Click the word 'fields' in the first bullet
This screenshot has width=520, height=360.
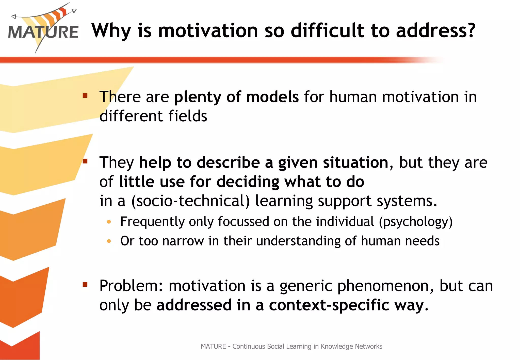pyautogui.click(x=188, y=116)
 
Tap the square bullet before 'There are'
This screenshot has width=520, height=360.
pyautogui.click(x=85, y=96)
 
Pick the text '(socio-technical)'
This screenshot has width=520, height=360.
pyautogui.click(x=190, y=201)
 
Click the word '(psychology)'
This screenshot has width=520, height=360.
pyautogui.click(x=416, y=222)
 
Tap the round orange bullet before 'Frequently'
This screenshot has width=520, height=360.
pyautogui.click(x=109, y=222)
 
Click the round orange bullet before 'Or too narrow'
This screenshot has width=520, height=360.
pyautogui.click(x=109, y=241)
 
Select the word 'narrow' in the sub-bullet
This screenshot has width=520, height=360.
pyautogui.click(x=183, y=241)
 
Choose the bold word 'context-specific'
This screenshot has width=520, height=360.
pyautogui.click(x=329, y=305)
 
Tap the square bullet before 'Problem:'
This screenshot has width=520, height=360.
pyautogui.click(x=85, y=284)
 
